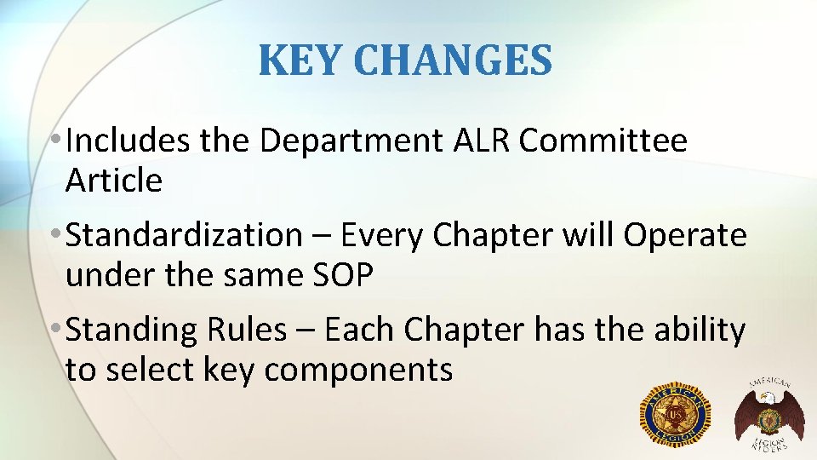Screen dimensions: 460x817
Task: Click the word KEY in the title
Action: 297,60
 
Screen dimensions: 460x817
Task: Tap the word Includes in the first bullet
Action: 128,141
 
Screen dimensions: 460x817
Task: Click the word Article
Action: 113,181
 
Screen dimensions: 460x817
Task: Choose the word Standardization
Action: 183,236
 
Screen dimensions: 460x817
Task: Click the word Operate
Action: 684,236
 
